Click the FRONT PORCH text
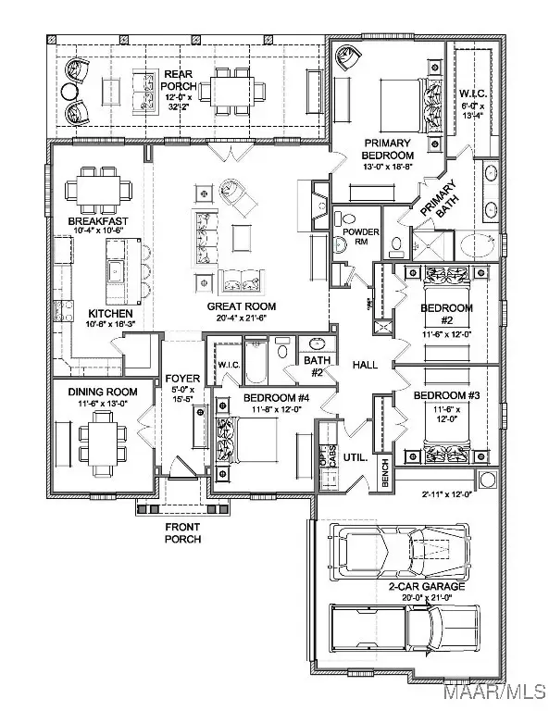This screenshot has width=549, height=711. (182, 532)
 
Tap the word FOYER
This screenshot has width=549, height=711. (181, 379)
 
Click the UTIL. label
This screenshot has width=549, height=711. (356, 457)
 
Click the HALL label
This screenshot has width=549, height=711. (365, 366)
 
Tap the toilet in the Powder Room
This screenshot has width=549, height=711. (340, 244)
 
